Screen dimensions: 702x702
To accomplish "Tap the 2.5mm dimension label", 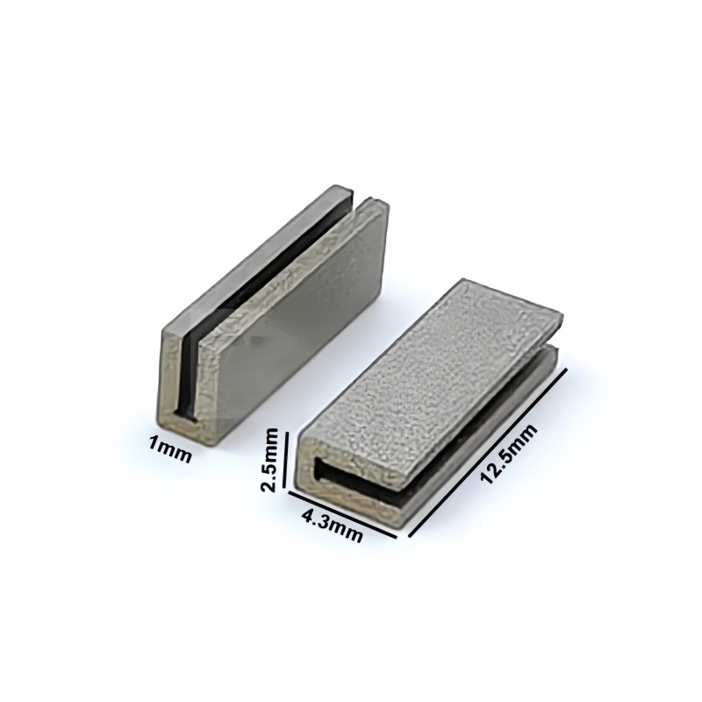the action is click(270, 460).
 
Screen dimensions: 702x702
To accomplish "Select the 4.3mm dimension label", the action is click(332, 526).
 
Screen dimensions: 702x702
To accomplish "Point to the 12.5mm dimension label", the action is click(509, 454).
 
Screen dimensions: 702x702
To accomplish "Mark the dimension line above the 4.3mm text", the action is click(342, 514).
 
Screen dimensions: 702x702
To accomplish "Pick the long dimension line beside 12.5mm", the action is click(488, 452).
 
